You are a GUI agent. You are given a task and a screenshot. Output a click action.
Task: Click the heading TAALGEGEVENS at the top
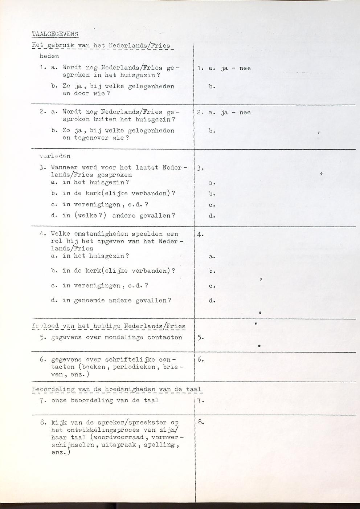coord(55,34)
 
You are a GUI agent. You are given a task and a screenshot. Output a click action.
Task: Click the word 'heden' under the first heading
coord(49,56)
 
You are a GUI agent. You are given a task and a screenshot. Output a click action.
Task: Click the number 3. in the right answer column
coord(201,168)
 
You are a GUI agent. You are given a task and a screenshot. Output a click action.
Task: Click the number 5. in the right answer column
coord(201,337)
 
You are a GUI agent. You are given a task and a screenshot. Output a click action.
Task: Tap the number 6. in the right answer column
coord(201,360)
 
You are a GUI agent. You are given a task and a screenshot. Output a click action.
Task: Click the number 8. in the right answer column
coord(201,422)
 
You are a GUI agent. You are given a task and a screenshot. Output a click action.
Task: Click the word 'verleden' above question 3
coord(55,156)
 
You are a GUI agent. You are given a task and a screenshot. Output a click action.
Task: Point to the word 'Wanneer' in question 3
coord(63,168)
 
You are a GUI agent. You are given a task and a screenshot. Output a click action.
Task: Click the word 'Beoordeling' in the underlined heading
coord(53,390)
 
